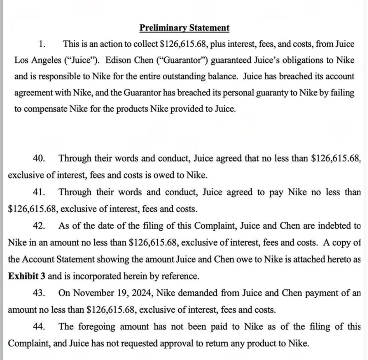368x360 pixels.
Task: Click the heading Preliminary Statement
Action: pos(184,28)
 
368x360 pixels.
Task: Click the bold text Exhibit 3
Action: pos(27,276)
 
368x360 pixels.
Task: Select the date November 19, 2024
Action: pos(101,293)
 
